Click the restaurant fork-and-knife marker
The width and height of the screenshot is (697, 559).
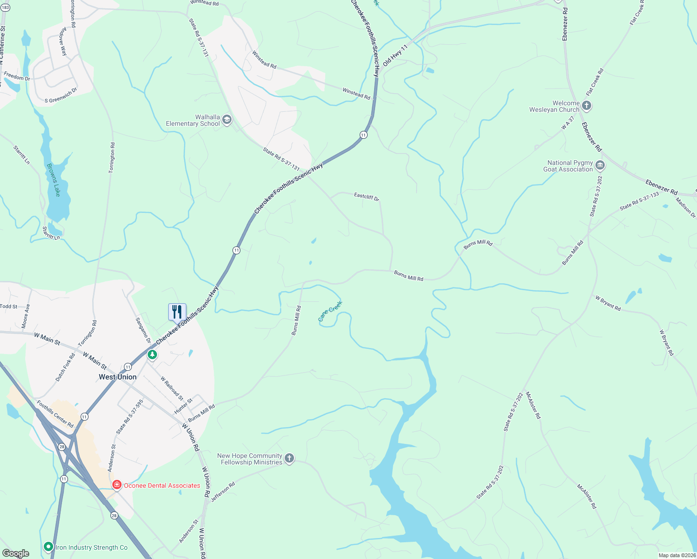177,312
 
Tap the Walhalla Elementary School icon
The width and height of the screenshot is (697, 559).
227,120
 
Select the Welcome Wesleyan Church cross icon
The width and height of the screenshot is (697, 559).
587,106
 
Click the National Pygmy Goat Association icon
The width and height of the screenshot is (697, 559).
600,165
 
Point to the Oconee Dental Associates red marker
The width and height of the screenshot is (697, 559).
116,485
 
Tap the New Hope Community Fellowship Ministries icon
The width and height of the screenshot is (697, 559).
289,458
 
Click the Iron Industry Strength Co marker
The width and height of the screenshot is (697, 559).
48,547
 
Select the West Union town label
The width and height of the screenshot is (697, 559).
118,377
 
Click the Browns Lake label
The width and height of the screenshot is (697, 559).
54,180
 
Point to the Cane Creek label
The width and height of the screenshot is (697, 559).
330,311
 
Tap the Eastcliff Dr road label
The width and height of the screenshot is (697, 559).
367,197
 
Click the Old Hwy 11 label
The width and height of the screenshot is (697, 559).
395,55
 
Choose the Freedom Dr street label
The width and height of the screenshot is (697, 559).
17,76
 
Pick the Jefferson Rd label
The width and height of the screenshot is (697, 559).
223,492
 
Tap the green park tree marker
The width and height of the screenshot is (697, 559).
152,355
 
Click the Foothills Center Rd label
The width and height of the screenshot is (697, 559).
55,414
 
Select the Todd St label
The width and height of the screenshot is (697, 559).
9,307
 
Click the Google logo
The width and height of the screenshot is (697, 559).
15,553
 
